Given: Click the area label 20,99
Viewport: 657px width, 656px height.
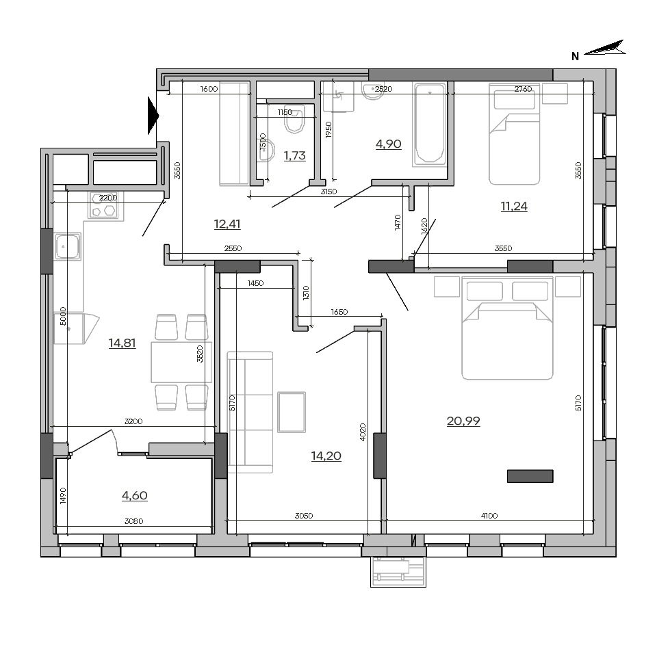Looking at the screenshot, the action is click(x=463, y=421).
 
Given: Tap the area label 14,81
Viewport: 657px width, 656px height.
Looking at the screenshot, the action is click(x=122, y=343).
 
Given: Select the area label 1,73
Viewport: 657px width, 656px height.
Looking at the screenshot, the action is click(x=294, y=155).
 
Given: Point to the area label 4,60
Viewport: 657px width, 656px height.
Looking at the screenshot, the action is click(x=135, y=495).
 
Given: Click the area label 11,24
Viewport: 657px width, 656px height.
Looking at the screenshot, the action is click(x=514, y=206).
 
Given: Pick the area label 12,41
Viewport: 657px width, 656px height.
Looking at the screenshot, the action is click(x=227, y=224).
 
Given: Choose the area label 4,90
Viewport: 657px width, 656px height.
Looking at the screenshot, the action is click(x=389, y=144).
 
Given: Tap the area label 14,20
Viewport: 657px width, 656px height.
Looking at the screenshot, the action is click(x=326, y=456).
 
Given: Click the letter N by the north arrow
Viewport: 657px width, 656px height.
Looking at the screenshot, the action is click(x=575, y=56).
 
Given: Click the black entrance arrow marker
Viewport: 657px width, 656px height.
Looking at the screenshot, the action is click(x=153, y=116).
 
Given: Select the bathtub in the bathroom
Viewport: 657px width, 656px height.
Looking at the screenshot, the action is click(x=430, y=124).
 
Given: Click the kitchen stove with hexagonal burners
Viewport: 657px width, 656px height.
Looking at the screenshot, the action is click(x=105, y=206).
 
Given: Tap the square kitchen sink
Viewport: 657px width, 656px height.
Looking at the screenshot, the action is click(x=68, y=247).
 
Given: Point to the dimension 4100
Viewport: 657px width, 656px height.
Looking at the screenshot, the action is click(x=489, y=516).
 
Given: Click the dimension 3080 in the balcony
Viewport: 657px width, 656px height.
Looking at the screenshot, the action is click(x=133, y=521).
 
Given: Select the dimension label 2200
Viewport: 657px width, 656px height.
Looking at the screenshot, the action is click(x=108, y=198).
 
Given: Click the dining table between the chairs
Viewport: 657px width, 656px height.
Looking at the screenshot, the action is click(x=181, y=363).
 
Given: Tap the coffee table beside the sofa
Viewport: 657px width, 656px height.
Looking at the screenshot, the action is click(x=292, y=412).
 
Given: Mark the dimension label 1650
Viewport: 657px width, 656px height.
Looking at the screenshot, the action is click(x=339, y=312).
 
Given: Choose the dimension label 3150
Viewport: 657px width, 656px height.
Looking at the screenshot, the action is click(x=328, y=192).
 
